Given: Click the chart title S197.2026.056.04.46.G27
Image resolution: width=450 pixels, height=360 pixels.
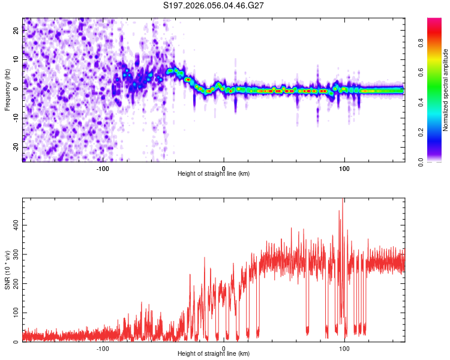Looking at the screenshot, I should coord(214,6).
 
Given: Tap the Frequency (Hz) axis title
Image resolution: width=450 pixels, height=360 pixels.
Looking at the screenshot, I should coord(7,90).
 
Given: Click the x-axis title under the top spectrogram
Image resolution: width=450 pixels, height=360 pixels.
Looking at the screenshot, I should coord(214,173).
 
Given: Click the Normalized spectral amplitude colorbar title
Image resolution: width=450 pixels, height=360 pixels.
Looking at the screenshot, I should coord(446,90).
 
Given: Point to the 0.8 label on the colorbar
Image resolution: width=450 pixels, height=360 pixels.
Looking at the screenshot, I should coord(437,43).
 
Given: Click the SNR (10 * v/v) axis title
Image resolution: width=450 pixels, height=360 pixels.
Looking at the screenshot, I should coord(7,270).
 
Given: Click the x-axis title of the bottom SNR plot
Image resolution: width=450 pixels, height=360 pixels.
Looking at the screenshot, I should coord(214,353).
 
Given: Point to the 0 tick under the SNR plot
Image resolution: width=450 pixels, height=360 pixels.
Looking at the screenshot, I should coord(224,348).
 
